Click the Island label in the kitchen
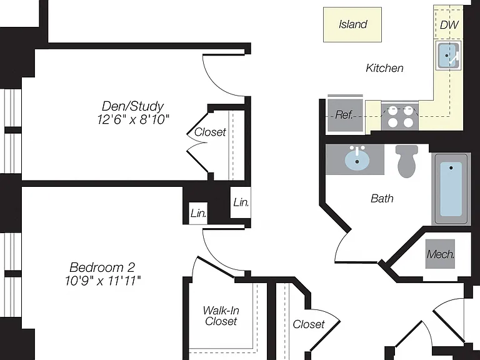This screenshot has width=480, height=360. [352, 24]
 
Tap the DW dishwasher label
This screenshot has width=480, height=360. [449, 25]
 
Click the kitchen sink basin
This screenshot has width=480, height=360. [448, 56]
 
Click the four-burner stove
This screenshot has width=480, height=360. [400, 117]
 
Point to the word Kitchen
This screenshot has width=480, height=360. [384, 68]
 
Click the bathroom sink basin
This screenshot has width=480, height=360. [357, 159]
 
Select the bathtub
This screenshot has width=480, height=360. [451, 189]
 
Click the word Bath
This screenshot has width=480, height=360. [382, 198]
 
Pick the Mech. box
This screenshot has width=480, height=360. [440, 254]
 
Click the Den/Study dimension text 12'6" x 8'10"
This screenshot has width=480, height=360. [133, 119]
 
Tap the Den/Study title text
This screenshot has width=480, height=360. [133, 106]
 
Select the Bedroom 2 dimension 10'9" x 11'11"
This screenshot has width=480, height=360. [103, 281]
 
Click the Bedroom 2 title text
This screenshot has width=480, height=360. [102, 267]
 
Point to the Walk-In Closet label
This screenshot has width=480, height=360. [221, 316]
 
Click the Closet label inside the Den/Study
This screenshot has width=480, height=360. [210, 132]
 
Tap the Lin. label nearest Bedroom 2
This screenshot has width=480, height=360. [198, 213]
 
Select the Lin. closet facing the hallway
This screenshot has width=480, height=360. [241, 202]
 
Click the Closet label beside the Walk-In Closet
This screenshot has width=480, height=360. [309, 324]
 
